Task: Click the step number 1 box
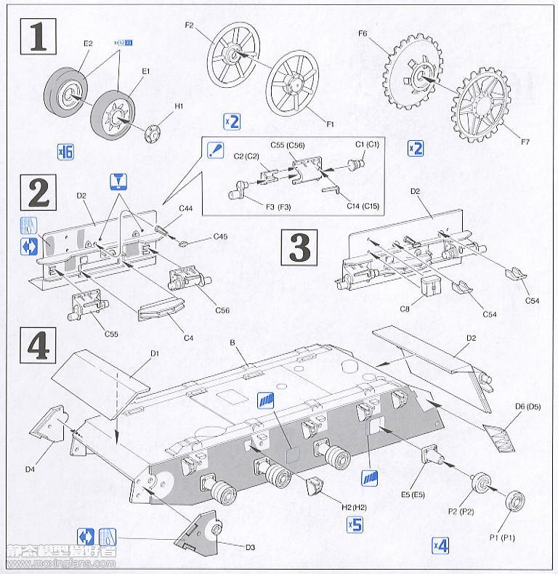tap(37, 36)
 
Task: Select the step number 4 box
tap(37, 346)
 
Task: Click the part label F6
tap(364, 33)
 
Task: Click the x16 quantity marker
tap(65, 153)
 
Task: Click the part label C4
tap(188, 339)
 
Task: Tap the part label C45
tap(221, 237)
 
